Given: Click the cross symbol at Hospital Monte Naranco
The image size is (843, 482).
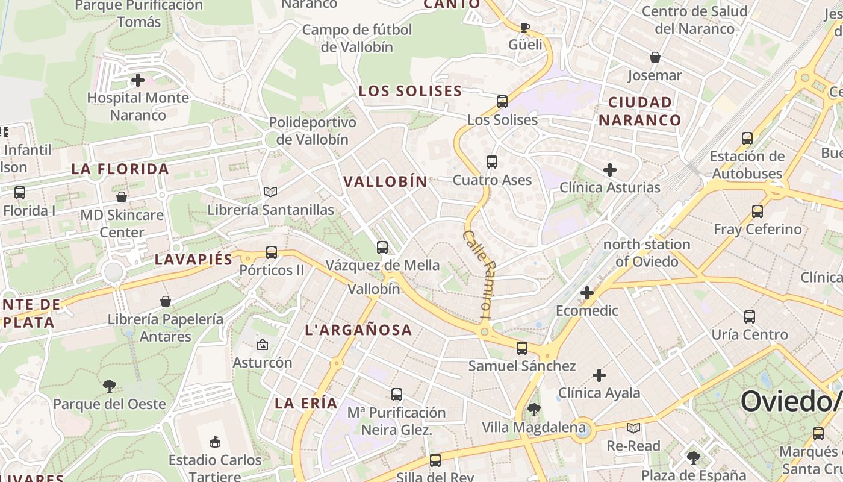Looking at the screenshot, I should pos(138,80).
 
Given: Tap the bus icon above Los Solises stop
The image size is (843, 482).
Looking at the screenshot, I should pos(502,101).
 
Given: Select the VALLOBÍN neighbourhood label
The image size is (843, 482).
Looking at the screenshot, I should pos(385,181).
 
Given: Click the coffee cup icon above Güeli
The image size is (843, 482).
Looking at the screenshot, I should pos(525,27).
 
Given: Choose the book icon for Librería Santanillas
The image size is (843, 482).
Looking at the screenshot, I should pos(270,192).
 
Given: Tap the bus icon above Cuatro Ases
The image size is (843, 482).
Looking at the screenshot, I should pos(492,161).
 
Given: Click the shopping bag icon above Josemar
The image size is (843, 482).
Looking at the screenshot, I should pos(655,57).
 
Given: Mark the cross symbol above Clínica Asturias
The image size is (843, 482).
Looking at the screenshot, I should pos(609,169).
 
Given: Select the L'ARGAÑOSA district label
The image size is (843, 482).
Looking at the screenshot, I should pos(358,330).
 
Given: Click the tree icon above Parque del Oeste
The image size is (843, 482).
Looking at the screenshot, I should pos(110,386).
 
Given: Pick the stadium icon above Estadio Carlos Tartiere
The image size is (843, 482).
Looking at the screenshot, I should pos(214,442).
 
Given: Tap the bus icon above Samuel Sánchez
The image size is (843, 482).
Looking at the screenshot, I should pos(521,348).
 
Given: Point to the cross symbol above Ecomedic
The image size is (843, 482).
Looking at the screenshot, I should pos(586,293).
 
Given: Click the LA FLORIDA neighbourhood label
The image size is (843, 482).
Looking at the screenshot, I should pos(120,169).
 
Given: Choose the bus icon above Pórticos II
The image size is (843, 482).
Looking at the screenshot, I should pos(272,252).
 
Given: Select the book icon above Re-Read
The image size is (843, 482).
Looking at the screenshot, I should pos(633,428).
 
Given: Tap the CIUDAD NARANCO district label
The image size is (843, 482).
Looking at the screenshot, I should pos(639,111).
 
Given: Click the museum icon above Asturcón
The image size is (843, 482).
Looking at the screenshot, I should pos(262,345).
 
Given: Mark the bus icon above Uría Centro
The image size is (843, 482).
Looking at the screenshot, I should pos(749,316).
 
